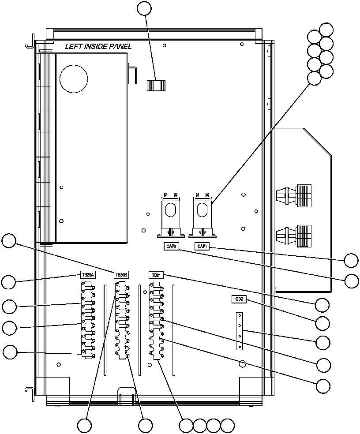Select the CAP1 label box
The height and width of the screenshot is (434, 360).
(x=202, y=246)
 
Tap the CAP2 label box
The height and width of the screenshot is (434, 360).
(x=168, y=246)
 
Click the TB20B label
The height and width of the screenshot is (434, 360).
(x=121, y=274)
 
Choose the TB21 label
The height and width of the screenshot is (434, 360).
(x=155, y=274)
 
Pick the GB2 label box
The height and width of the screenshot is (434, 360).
(x=239, y=299)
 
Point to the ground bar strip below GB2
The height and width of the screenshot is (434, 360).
(x=239, y=331)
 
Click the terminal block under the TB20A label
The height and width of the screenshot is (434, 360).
(x=87, y=319)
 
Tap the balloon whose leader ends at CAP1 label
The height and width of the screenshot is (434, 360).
(x=351, y=260)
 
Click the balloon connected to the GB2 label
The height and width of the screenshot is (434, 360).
(x=322, y=323)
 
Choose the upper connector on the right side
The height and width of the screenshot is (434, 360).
(x=294, y=195)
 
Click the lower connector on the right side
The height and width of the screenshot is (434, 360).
(x=294, y=234)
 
